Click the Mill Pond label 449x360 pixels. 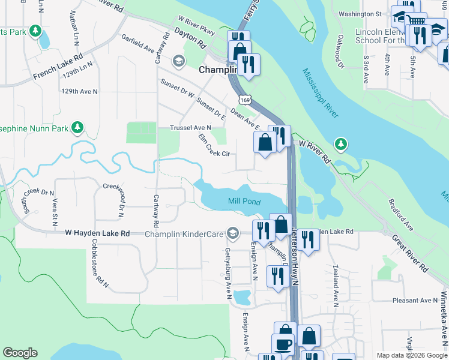(244, 202)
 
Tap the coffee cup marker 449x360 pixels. (283, 345)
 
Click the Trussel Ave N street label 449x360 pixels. (191, 128)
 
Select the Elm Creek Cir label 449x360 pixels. (214, 146)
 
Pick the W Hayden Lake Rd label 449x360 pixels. (97, 233)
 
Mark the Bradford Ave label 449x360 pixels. (400, 215)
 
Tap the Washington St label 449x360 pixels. (360, 14)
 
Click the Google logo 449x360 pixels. (20, 353)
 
